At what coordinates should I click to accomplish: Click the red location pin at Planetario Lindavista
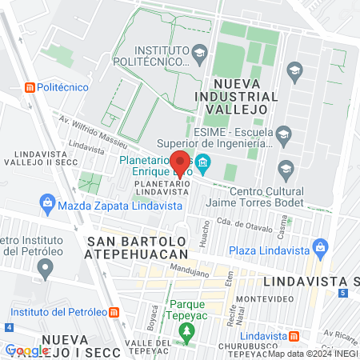click(181, 162)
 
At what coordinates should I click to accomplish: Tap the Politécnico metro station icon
click(30, 87)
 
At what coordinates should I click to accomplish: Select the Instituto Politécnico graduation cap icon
click(199, 54)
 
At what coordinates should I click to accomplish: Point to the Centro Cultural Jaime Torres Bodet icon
click(284, 168)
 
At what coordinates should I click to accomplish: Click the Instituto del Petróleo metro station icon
click(115, 310)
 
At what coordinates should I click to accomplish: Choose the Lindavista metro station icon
click(294, 337)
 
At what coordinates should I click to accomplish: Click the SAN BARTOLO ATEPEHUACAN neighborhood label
click(138, 248)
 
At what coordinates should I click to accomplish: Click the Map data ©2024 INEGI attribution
click(312, 354)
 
